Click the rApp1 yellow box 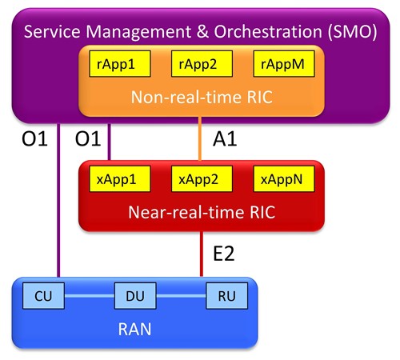(x=120, y=64)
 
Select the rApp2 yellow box (x=202, y=64)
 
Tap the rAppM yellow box (x=284, y=64)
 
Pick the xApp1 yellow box (x=120, y=178)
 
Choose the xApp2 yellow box (x=202, y=178)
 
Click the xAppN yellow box (x=284, y=178)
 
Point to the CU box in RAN (x=43, y=296)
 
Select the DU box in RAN (x=135, y=296)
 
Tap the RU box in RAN (x=227, y=296)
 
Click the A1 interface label (x=225, y=139)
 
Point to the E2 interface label (x=224, y=254)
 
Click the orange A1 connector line (x=200, y=138)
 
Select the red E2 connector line (x=202, y=254)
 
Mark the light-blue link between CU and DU (x=90, y=296)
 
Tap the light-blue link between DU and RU (x=181, y=296)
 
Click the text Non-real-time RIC (x=202, y=97)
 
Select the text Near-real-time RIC (x=202, y=212)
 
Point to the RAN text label (x=134, y=329)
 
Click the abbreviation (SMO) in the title (x=352, y=32)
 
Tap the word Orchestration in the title (x=268, y=31)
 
